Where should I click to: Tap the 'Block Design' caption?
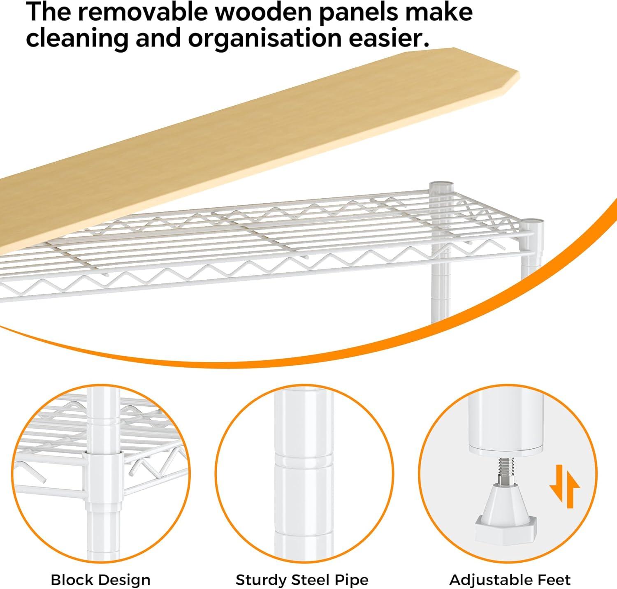100,580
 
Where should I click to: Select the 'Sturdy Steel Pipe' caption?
302,580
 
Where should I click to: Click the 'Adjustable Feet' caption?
510,580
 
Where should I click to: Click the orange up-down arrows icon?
564,486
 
